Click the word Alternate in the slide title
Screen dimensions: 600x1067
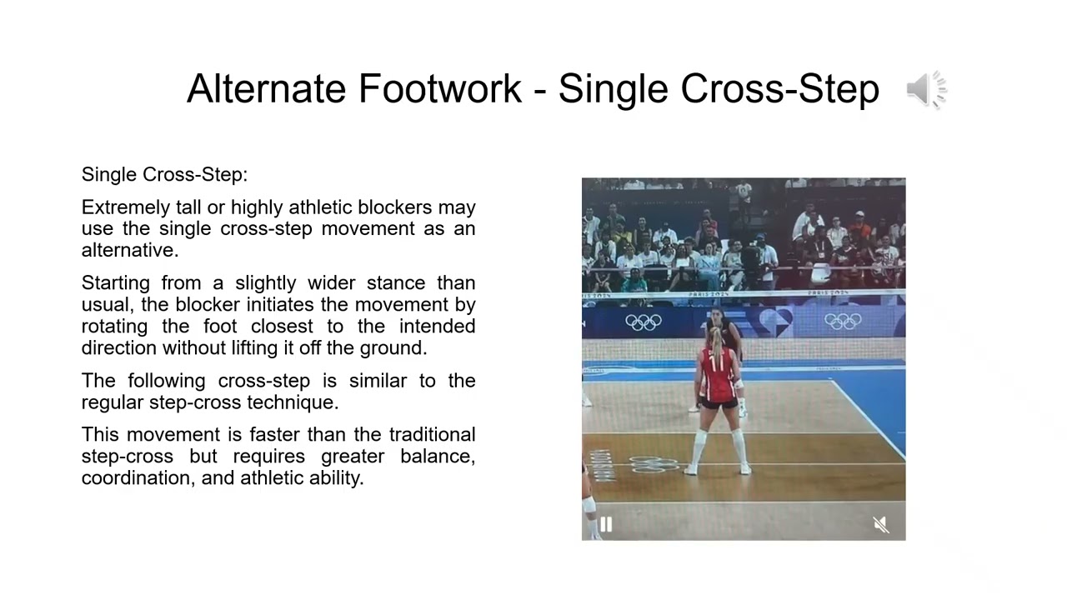point(266,88)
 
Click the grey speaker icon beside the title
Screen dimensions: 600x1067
point(926,89)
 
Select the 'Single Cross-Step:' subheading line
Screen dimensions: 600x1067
point(164,175)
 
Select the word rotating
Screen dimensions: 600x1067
point(114,327)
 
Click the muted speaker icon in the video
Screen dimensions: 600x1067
point(880,524)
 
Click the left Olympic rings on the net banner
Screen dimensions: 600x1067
point(643,322)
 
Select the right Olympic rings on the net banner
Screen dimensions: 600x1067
point(842,321)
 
